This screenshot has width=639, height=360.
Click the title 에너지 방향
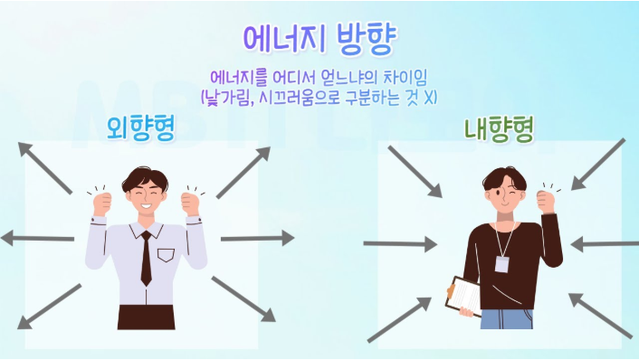[319, 38]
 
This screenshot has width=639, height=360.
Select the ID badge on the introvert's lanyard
[501, 263]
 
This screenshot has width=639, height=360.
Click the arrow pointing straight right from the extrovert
[257, 239]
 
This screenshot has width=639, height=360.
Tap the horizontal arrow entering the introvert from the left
[399, 243]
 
